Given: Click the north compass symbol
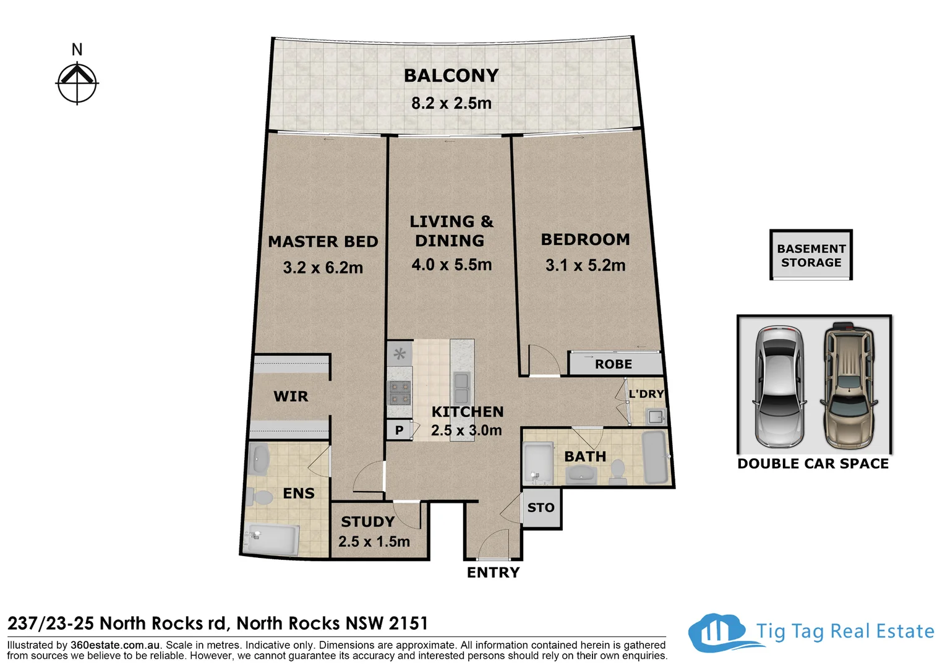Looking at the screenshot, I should (x=77, y=82).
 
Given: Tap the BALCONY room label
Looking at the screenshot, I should (x=451, y=75).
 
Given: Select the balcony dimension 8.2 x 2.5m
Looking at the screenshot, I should (x=451, y=103).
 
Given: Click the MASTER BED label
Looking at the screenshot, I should (x=323, y=242).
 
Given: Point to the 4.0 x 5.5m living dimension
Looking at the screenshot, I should (x=451, y=265).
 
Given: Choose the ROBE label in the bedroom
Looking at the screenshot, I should (x=614, y=364).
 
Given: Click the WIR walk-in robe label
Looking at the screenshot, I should (x=291, y=396).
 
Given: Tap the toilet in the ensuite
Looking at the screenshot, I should (x=260, y=496).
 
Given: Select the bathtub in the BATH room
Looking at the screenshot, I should (x=656, y=458).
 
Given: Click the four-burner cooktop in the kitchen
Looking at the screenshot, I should (x=399, y=392).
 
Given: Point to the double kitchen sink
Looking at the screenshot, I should (x=461, y=388).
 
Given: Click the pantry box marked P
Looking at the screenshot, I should (x=400, y=430).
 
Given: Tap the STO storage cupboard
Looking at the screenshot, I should (x=541, y=508).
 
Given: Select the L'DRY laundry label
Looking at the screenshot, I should (x=646, y=394).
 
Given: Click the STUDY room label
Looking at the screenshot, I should (x=367, y=521).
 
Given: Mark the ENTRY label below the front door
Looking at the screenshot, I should (x=493, y=573).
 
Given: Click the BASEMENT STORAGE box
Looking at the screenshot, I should (x=811, y=255).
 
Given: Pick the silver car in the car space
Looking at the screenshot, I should (x=779, y=387).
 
